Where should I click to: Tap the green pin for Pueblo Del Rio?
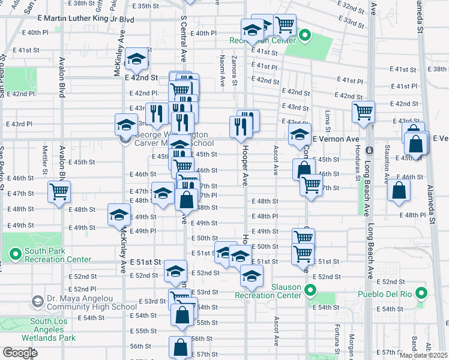coord(421,294)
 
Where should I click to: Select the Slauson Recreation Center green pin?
coord(310,291)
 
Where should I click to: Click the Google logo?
coord(20,353)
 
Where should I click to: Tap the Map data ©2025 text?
coord(423,355)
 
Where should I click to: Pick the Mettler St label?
coord(44,156)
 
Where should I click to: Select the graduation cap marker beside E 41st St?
coord(137,60)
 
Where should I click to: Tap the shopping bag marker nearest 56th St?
coord(181,347)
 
